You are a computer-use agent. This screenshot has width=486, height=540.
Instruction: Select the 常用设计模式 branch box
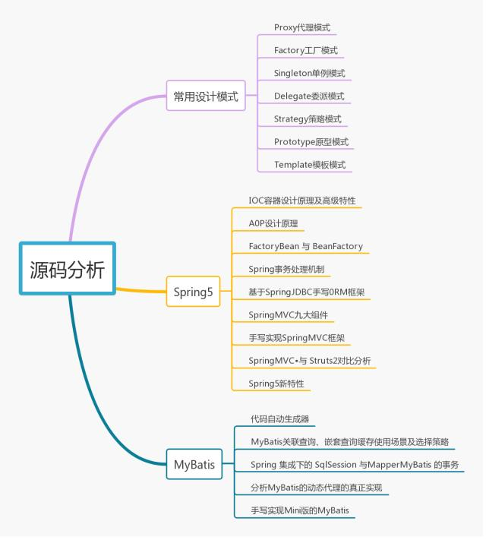point(205,96)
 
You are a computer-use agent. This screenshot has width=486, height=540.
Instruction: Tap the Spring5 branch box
point(193,292)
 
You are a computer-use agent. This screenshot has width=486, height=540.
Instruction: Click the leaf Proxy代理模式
point(302,28)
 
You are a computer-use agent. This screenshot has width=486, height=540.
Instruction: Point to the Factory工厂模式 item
point(306,51)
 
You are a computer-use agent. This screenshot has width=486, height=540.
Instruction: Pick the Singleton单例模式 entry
point(309,74)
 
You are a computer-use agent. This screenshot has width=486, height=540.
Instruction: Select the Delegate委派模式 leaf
point(309,96)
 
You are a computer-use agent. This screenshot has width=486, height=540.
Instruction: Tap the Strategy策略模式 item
point(308,119)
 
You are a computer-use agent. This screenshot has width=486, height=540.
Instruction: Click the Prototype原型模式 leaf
point(311,142)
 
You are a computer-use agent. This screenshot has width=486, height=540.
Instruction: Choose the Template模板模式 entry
point(309,165)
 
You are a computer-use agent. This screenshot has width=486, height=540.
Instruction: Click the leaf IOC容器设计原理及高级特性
point(302,201)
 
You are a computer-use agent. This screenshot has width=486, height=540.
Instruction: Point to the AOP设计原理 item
point(273,224)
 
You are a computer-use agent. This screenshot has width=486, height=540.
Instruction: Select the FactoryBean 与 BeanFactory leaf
point(305,247)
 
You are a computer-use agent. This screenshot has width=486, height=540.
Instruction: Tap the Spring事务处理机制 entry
point(289,270)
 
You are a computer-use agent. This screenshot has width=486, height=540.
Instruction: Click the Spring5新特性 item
point(276,384)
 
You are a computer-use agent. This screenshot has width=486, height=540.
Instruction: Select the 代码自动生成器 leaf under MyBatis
point(279,418)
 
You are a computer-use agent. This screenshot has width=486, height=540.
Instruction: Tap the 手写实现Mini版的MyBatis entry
point(302,510)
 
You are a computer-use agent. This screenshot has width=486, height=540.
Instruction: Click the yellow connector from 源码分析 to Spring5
point(140,289)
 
